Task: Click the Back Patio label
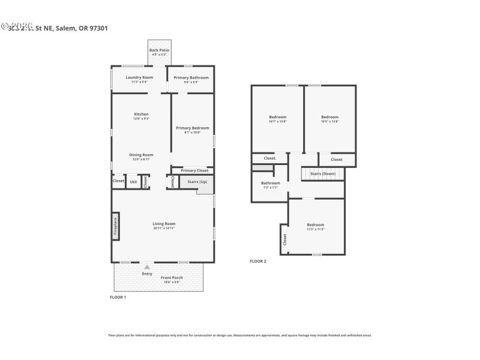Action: coord(158,50)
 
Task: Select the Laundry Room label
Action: coord(139,77)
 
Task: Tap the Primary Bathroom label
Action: coord(191,77)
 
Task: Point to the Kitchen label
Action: coord(141,114)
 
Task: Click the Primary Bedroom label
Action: coord(192,128)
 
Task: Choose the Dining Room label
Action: coord(141,155)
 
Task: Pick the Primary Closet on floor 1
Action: coord(194,170)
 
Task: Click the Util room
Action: coord(133,181)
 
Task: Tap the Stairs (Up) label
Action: coord(197,181)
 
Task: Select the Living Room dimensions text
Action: coord(164,228)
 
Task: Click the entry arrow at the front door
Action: coord(147,267)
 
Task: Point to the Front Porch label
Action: coord(172,278)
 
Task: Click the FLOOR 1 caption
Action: coord(118,297)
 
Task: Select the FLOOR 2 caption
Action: coord(257,261)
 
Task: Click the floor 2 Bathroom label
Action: coord(270,183)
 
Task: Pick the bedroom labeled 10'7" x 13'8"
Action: coord(277,117)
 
